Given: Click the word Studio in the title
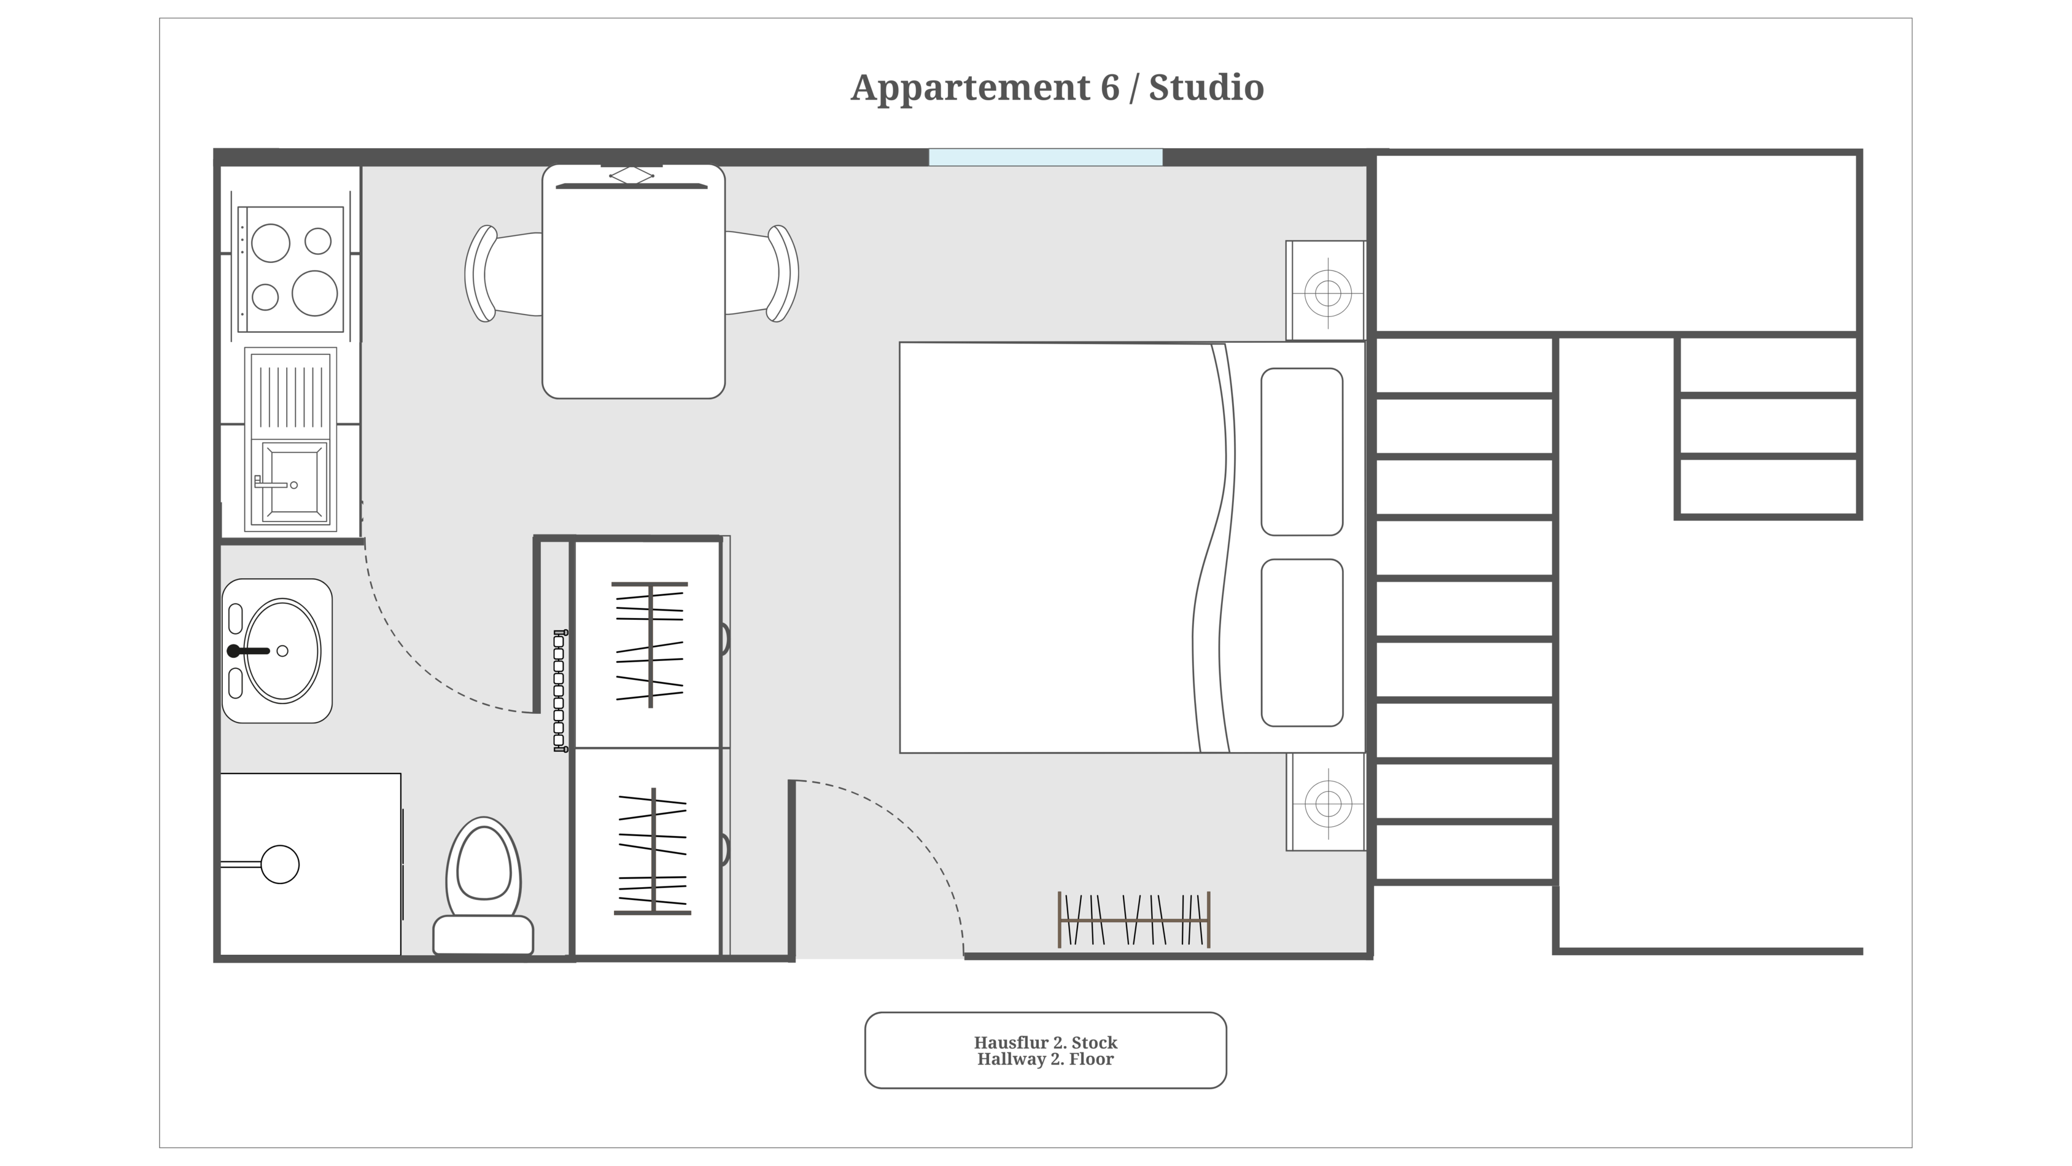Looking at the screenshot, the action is pos(1206,88).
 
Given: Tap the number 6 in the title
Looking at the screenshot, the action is pos(1110,88).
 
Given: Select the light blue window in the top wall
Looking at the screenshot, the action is pos(1046,157).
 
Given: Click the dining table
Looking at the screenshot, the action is pos(634,281).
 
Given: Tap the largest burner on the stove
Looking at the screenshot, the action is pos(314,293).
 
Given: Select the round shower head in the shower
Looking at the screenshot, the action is pos(280,865).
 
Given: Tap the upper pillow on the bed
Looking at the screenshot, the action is pos(1302,452).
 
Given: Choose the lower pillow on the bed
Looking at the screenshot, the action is pos(1302,643).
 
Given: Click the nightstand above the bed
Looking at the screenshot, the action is pos(1325,291).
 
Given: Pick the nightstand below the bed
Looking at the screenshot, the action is pos(1325,802).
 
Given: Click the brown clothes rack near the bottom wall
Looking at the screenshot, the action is pos(1134,919).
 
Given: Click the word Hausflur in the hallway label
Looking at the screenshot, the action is pos(1011,1043).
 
